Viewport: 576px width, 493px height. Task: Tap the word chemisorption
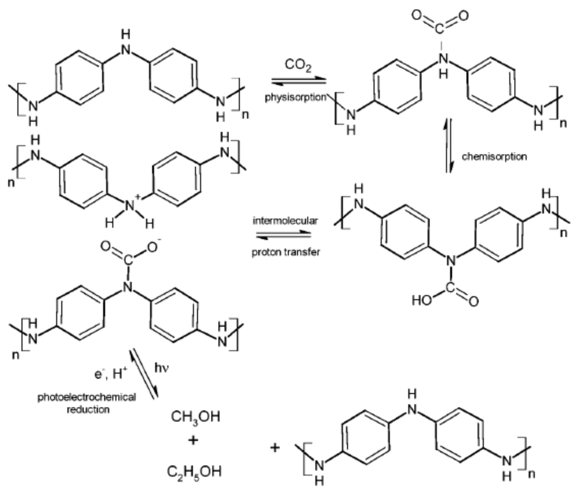[x=494, y=157]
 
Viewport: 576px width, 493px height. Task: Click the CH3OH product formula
[x=195, y=417]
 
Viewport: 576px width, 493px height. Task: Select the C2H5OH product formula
[x=194, y=472]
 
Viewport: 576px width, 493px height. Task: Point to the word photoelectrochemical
[x=87, y=397]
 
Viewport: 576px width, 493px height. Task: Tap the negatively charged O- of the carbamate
[x=153, y=247]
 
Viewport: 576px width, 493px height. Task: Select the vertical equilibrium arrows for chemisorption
[x=449, y=146]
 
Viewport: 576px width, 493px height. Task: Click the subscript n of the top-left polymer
[x=245, y=115]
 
